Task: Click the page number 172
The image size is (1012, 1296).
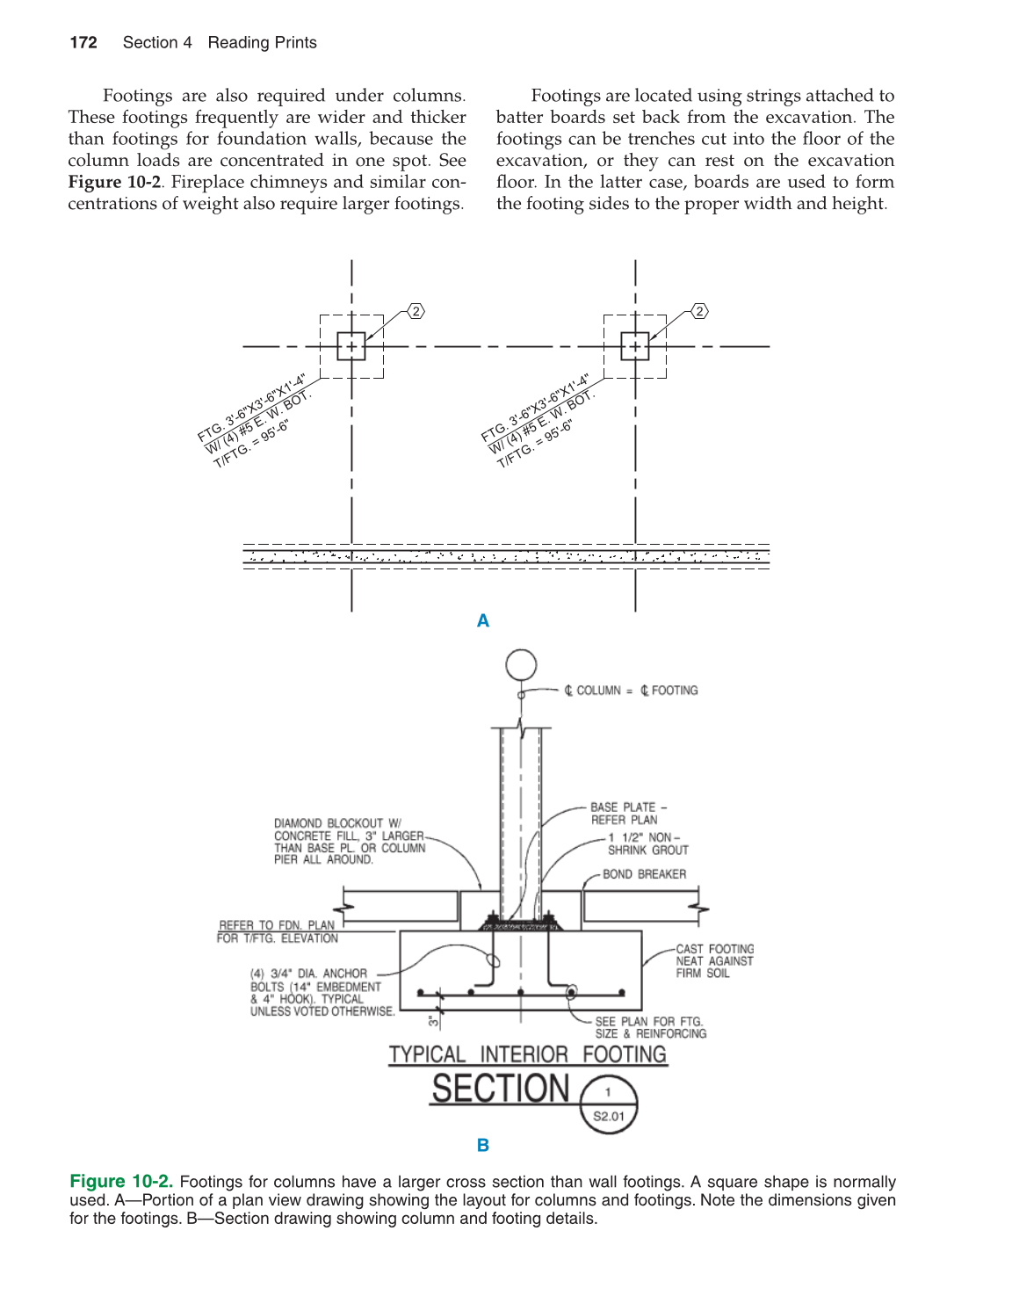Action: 83,43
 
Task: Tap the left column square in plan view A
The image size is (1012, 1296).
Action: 351,346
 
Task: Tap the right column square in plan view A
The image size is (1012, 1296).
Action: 634,346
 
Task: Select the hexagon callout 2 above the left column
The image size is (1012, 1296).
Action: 416,311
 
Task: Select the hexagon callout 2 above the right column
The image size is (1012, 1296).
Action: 699,311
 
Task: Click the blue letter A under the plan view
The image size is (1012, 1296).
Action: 483,621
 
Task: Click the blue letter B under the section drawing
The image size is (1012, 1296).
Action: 483,1145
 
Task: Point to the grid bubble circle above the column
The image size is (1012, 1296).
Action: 521,665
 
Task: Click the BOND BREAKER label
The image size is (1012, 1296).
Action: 644,874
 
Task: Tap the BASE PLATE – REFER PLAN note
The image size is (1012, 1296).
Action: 627,814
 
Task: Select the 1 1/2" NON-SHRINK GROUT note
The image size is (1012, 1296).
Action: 647,844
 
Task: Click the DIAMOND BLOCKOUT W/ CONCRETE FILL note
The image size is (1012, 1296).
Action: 350,842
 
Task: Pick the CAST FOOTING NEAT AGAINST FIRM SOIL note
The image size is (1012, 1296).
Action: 714,961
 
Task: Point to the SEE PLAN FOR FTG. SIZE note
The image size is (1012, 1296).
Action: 650,1028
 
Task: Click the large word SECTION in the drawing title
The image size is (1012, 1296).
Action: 501,1090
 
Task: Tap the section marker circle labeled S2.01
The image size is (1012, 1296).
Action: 609,1104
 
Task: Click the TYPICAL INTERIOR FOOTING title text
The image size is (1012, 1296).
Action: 527,1054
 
